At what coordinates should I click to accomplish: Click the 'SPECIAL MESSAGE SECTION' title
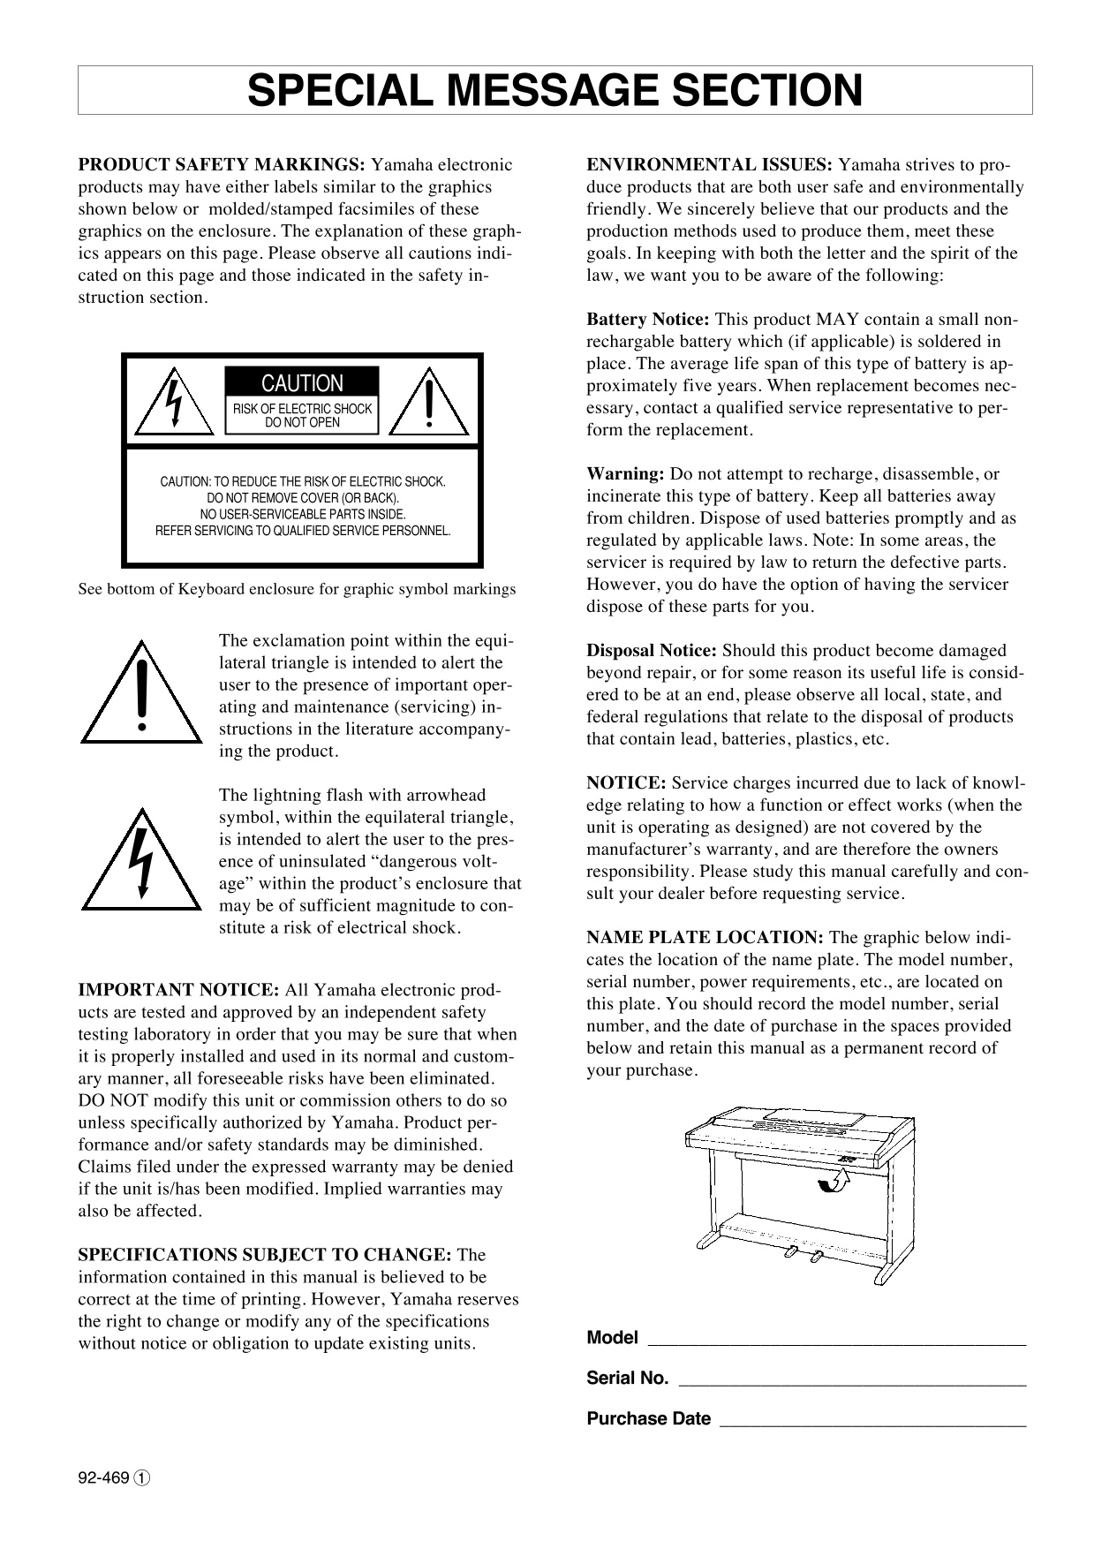(x=555, y=90)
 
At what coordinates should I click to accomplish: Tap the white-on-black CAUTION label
(x=302, y=383)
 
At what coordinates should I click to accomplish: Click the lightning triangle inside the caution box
(x=175, y=404)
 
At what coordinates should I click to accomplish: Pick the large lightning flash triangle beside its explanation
(x=141, y=862)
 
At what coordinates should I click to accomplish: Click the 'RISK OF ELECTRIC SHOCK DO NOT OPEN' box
(x=302, y=416)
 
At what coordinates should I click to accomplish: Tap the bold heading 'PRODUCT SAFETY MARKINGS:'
(x=222, y=165)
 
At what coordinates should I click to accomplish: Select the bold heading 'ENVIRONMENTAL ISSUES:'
(x=709, y=165)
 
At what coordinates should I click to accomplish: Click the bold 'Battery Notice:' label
(x=648, y=320)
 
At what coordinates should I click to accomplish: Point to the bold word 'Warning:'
(x=625, y=474)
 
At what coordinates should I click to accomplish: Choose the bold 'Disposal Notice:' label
(x=652, y=651)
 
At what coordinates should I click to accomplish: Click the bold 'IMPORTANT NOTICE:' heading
(x=179, y=990)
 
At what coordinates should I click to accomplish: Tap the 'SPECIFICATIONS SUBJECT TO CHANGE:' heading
(x=266, y=1255)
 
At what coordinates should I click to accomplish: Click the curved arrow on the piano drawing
(x=832, y=1181)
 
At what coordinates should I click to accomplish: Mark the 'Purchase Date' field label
(x=648, y=1419)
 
